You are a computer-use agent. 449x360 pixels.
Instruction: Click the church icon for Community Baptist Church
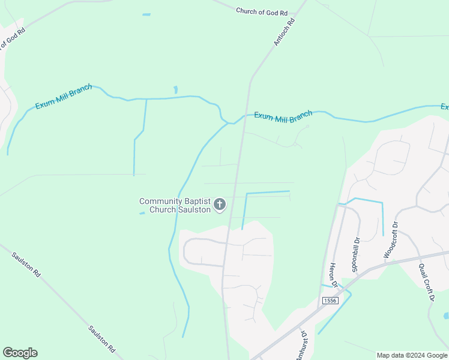coord(220,205)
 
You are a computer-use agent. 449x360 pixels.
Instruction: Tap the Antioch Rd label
coord(285,32)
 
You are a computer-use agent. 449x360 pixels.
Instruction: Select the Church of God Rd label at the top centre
coord(262,11)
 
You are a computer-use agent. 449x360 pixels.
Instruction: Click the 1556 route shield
coord(330,300)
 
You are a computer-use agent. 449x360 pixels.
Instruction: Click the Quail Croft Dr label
coord(426,282)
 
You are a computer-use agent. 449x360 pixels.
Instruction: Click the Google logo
coord(20,353)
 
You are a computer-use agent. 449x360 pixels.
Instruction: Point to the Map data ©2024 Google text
coord(412,355)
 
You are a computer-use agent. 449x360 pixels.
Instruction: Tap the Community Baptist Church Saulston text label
coord(175,205)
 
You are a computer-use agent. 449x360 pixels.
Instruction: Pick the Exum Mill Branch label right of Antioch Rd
coord(283,116)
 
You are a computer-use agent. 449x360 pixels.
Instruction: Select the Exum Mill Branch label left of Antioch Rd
coord(64,97)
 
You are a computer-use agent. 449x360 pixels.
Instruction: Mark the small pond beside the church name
coord(142,213)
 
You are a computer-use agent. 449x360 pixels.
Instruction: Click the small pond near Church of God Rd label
coord(146,14)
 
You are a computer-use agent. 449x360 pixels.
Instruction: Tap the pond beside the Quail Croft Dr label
coord(445,315)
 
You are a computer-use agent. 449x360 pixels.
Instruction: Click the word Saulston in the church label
coord(194,209)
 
